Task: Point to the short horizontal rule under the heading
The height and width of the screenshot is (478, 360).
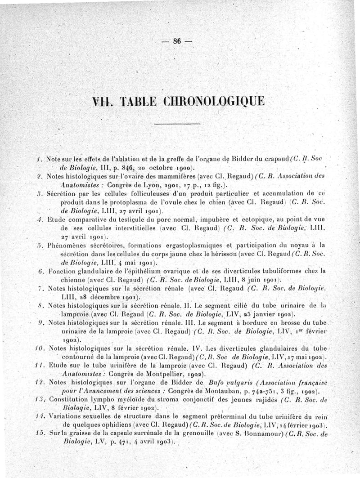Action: (x=177, y=124)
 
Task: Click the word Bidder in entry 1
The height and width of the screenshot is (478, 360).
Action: (x=233, y=159)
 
